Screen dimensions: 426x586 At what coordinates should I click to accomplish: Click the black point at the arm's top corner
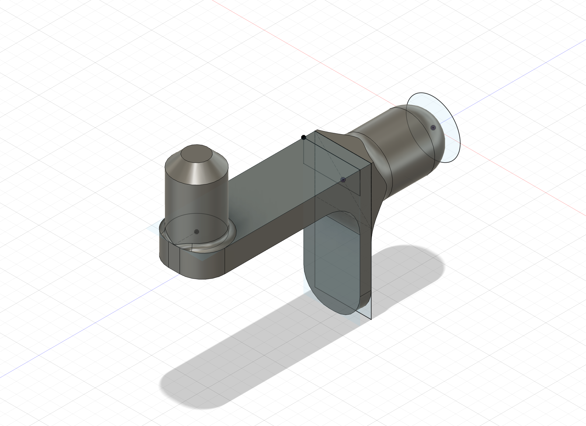point(303,138)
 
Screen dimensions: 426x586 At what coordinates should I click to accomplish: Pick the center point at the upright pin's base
point(197,232)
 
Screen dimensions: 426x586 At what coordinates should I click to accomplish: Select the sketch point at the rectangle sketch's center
point(343,180)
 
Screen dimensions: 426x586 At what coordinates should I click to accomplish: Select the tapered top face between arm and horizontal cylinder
point(338,143)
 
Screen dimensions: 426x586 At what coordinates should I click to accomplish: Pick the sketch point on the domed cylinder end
point(433,127)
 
